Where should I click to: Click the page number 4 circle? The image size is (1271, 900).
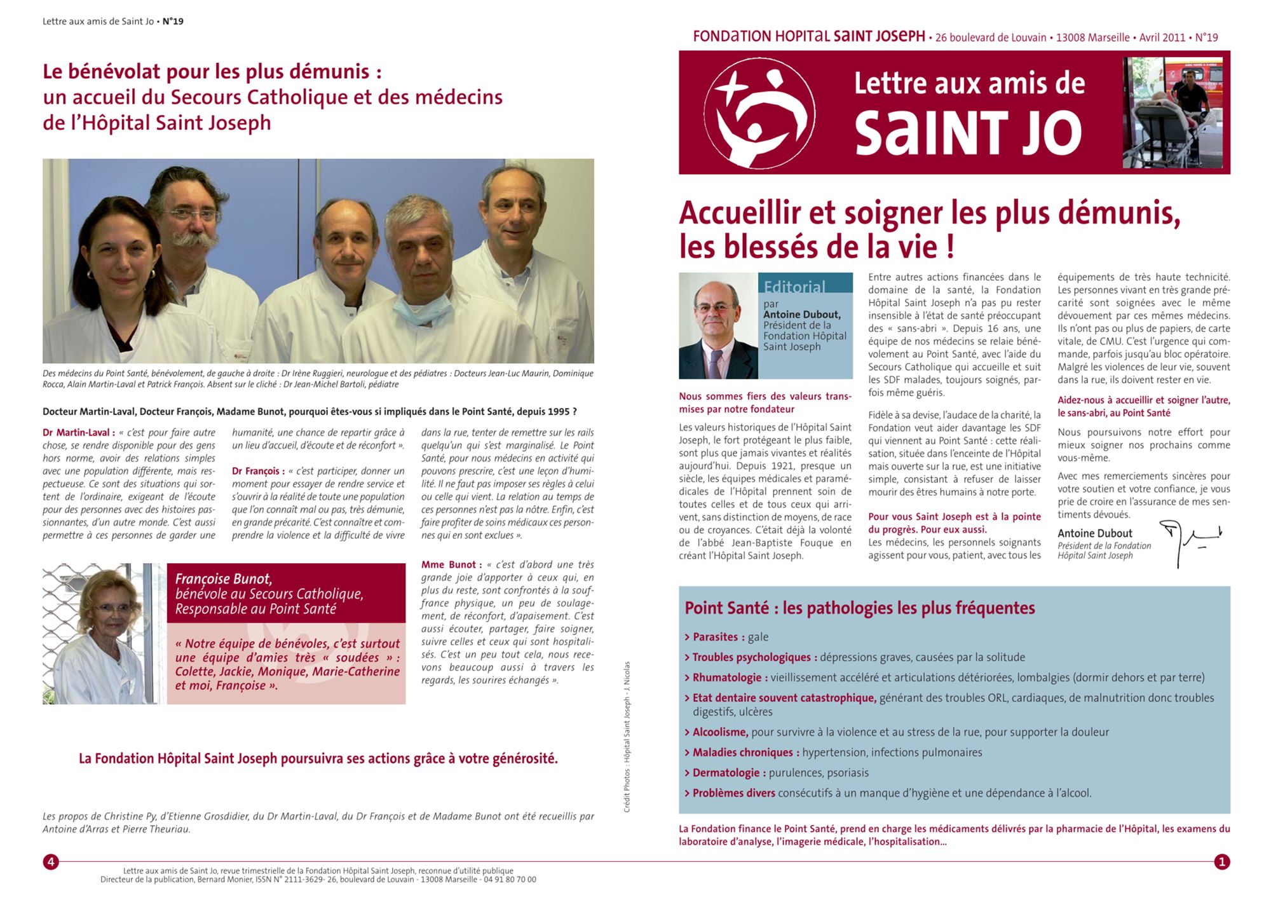coord(50,862)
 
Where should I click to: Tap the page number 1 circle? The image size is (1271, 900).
coord(1221,862)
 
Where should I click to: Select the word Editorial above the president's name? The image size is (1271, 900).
coord(794,287)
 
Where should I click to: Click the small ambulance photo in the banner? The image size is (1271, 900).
coord(1172,113)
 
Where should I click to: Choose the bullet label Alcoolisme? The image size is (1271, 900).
coord(720,732)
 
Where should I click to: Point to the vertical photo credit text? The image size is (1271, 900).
coord(627,737)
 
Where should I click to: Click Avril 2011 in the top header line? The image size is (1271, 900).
coord(1162,37)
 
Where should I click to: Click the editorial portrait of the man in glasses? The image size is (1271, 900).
coord(717,326)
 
